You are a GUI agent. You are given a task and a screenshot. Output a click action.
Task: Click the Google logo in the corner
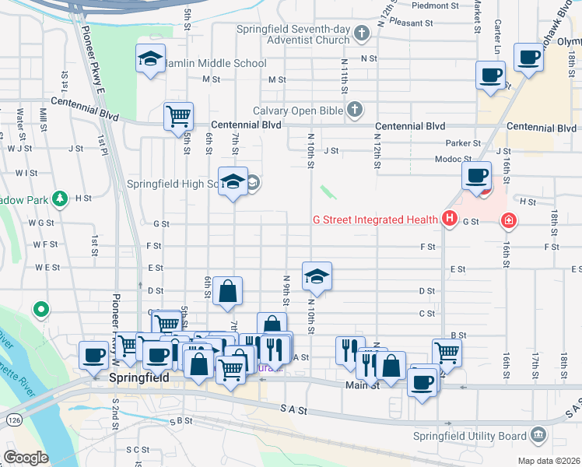[26, 458]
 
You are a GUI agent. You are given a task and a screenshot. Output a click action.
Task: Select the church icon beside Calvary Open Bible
[355, 110]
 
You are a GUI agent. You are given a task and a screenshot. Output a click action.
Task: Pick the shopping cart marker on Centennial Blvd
[178, 117]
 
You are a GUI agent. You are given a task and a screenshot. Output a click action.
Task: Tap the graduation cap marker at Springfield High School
[232, 182]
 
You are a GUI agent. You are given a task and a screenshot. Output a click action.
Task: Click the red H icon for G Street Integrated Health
[449, 219]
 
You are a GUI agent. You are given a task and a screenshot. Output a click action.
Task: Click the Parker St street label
[464, 143]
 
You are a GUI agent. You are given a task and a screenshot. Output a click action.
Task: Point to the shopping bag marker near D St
[226, 291]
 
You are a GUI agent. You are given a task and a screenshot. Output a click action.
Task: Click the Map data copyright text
[549, 461]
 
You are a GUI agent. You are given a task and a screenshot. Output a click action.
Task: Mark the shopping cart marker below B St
[447, 352]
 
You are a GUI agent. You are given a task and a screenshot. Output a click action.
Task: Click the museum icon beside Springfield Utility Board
[538, 434]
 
